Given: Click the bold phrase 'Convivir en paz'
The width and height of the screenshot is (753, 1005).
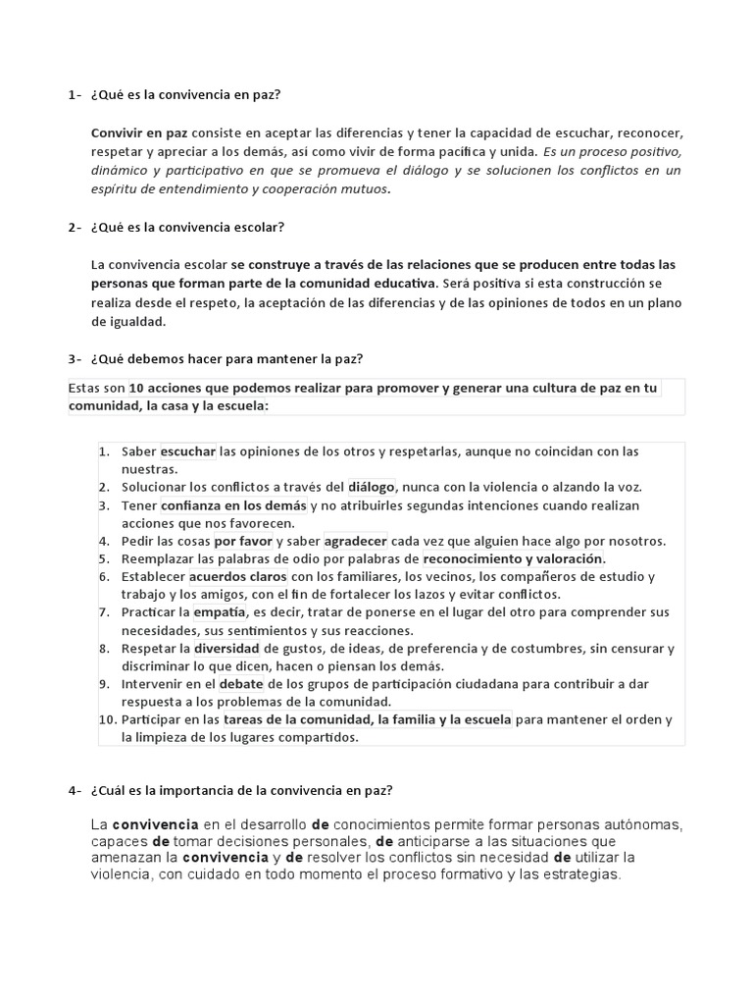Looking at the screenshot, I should pyautogui.click(x=138, y=132).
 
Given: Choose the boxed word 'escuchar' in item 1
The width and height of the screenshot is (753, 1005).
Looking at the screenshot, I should pyautogui.click(x=188, y=451).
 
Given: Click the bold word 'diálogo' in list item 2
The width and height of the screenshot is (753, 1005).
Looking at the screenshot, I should pyautogui.click(x=372, y=486).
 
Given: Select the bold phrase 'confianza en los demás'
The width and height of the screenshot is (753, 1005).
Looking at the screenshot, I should pyautogui.click(x=233, y=504).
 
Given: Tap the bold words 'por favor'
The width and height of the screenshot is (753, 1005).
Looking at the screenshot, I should pyautogui.click(x=243, y=541).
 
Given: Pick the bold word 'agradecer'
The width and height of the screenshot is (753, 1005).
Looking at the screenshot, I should pyautogui.click(x=356, y=541).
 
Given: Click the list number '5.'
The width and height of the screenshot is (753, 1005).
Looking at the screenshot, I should pyautogui.click(x=104, y=558).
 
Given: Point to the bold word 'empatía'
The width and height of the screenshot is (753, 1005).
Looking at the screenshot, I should pyautogui.click(x=219, y=612).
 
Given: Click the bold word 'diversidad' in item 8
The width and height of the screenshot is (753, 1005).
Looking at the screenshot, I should pyautogui.click(x=226, y=649).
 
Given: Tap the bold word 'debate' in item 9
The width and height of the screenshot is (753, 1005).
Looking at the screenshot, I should pyautogui.click(x=241, y=683).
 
